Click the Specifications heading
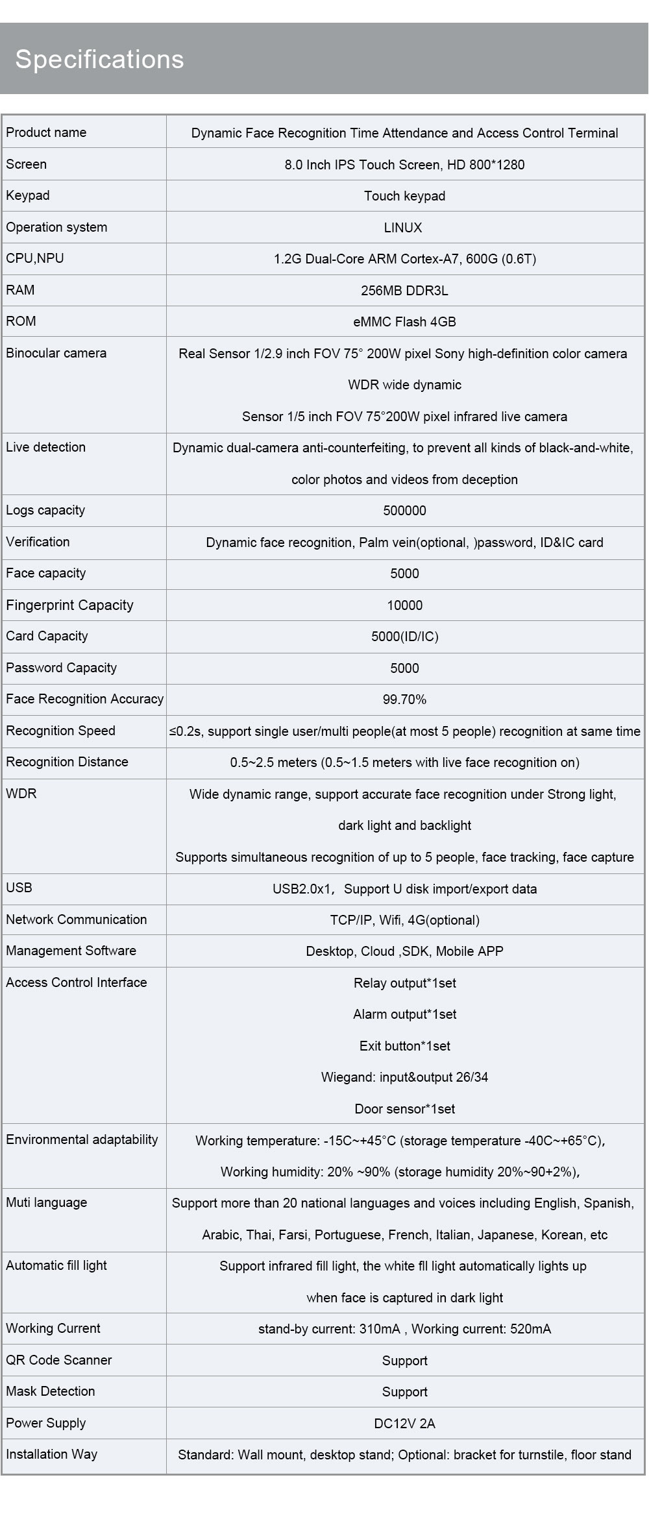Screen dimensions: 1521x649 click(x=99, y=59)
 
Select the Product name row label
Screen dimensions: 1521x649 click(x=46, y=132)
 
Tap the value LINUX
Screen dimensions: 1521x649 click(x=404, y=228)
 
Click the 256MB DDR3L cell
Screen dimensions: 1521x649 click(x=404, y=291)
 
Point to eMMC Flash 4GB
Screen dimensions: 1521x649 click(x=404, y=322)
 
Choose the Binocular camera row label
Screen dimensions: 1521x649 click(x=56, y=353)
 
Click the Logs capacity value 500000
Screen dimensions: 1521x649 click(x=404, y=511)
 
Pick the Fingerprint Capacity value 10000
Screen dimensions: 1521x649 click(x=404, y=605)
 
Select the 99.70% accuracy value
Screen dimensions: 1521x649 click(x=404, y=700)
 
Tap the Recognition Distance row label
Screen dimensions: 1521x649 click(x=67, y=762)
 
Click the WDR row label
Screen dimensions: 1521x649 click(x=21, y=794)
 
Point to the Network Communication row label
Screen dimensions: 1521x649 click(x=76, y=919)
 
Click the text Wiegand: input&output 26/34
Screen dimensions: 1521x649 click(x=404, y=1077)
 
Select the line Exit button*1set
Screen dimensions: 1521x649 click(x=404, y=1046)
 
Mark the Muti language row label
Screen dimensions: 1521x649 click(x=46, y=1202)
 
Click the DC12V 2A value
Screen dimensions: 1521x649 click(x=404, y=1424)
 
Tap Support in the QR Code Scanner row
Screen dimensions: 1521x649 click(x=404, y=1361)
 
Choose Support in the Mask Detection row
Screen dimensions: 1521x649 click(x=404, y=1392)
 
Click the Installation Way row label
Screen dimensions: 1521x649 click(x=51, y=1454)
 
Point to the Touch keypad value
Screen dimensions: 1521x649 click(x=404, y=196)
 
